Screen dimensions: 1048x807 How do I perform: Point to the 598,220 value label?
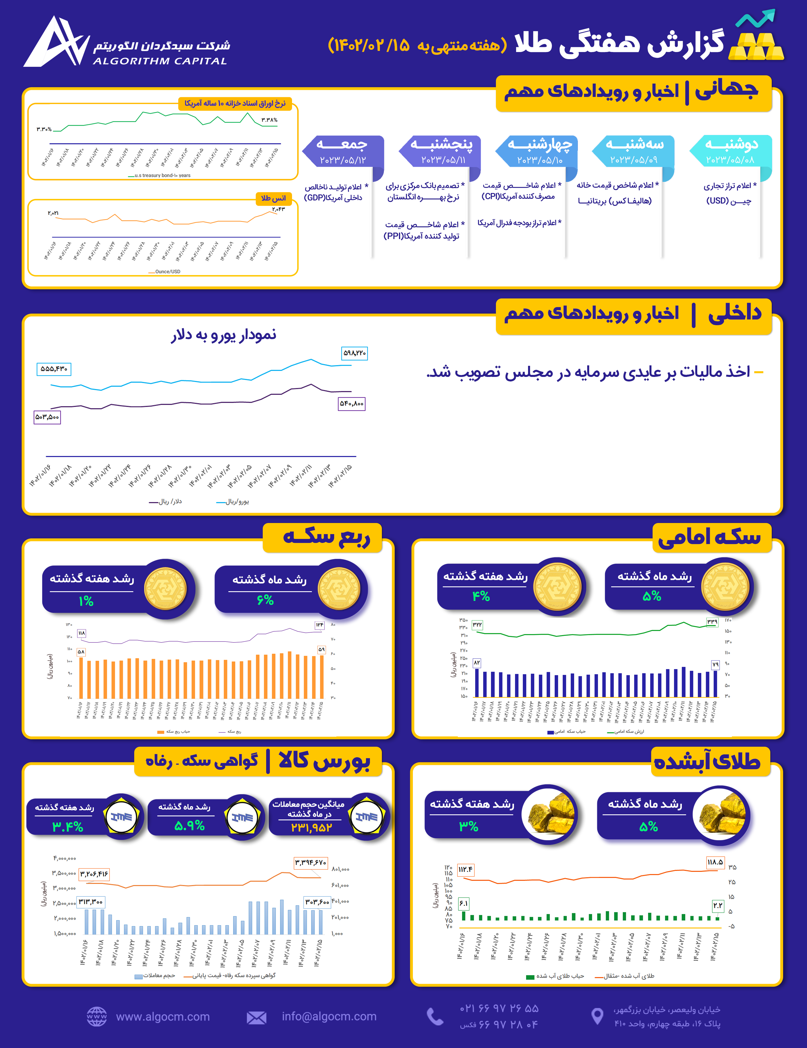354,353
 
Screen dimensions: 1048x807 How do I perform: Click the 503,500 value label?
47,417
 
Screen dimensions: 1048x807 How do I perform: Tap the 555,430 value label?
54,369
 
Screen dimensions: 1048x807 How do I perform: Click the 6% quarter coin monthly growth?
265,600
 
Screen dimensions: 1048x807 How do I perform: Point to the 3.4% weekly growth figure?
68,826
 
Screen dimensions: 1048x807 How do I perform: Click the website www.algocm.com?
163,1016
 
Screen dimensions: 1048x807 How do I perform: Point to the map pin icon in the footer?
597,1016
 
